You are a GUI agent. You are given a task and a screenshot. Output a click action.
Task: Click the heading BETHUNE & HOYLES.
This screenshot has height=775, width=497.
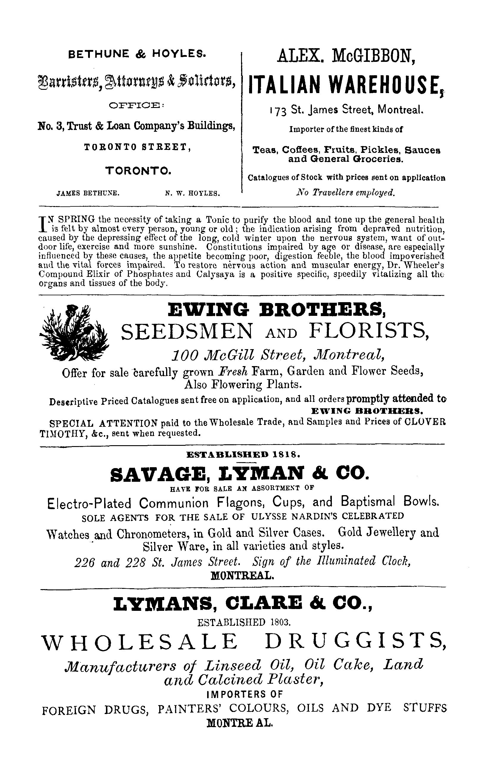pyautogui.click(x=137, y=54)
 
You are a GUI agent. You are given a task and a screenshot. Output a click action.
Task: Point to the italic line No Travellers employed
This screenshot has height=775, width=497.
pyautogui.click(x=345, y=193)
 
